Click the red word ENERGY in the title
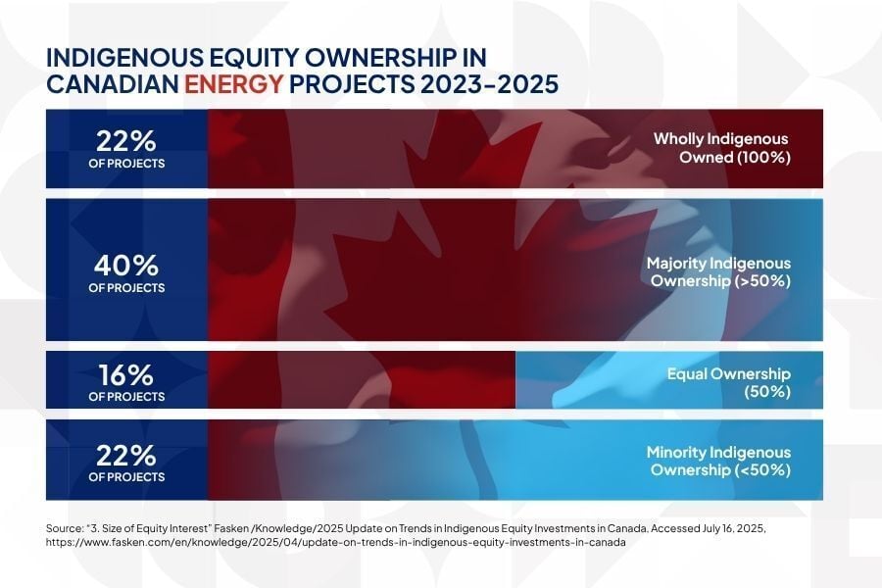click(234, 84)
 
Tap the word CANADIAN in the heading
click(113, 84)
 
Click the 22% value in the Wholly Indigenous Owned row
click(126, 140)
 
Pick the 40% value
click(126, 266)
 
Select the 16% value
click(126, 375)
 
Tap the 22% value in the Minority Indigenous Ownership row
click(126, 456)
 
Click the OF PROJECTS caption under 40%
click(126, 288)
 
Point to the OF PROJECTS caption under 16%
click(126, 397)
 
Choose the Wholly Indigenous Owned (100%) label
click(721, 148)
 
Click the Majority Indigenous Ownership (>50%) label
click(717, 272)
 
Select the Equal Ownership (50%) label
click(728, 382)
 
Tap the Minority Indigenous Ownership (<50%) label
click(717, 461)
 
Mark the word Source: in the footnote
click(65, 528)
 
